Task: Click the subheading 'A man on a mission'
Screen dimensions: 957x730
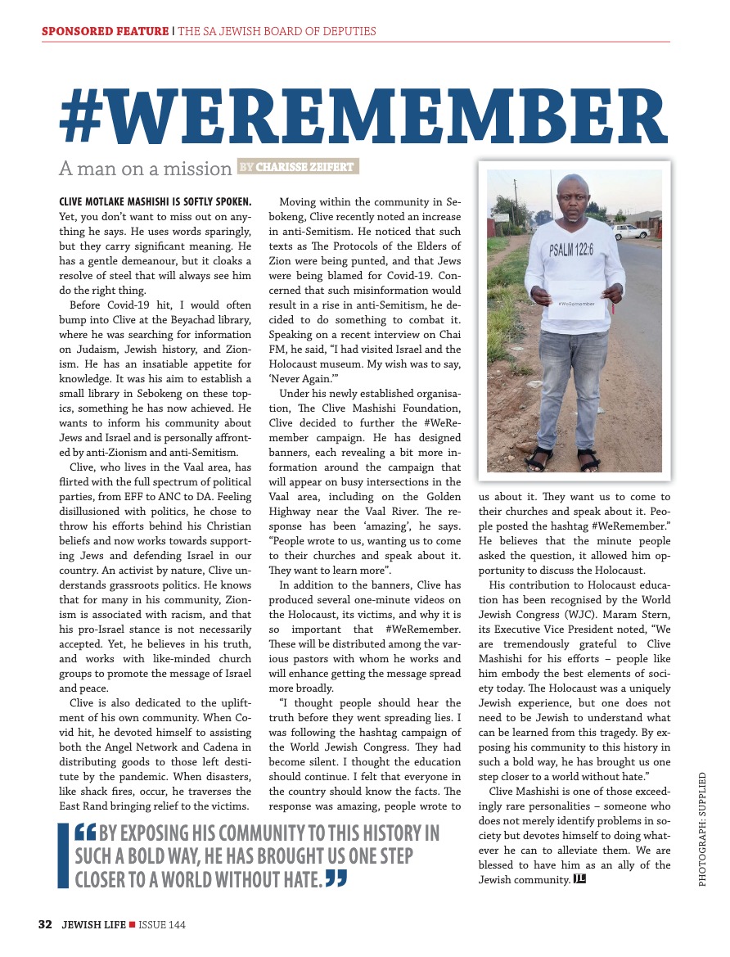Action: pyautogui.click(x=145, y=169)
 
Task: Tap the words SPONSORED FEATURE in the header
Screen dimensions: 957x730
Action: pyautogui.click(x=104, y=32)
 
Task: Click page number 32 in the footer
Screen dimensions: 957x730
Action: pyautogui.click(x=45, y=924)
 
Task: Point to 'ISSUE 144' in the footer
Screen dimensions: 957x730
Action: pyautogui.click(x=162, y=925)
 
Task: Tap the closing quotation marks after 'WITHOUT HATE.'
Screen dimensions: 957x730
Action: pyautogui.click(x=336, y=879)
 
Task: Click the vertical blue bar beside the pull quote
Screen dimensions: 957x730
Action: pyautogui.click(x=62, y=856)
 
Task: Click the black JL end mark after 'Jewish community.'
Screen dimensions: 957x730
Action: pyautogui.click(x=580, y=879)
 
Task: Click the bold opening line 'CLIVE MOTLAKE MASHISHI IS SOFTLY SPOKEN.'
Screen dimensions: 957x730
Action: pyautogui.click(x=155, y=201)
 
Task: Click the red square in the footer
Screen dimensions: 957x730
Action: pyautogui.click(x=133, y=925)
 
